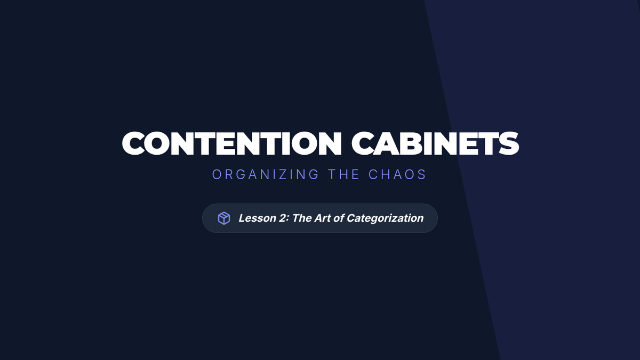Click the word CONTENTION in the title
pyautogui.click(x=231, y=143)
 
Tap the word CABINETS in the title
pyautogui.click(x=435, y=143)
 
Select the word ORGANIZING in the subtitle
pyautogui.click(x=266, y=174)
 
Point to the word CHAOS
pyautogui.click(x=397, y=174)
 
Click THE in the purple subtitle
pyautogui.click(x=343, y=174)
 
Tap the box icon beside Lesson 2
pyautogui.click(x=224, y=218)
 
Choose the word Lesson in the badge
pyautogui.click(x=258, y=218)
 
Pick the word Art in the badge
pyautogui.click(x=322, y=218)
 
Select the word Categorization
pyautogui.click(x=385, y=219)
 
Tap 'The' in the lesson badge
pyautogui.click(x=302, y=218)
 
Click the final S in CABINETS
pyautogui.click(x=509, y=143)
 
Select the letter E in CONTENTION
pyautogui.click(x=228, y=143)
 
